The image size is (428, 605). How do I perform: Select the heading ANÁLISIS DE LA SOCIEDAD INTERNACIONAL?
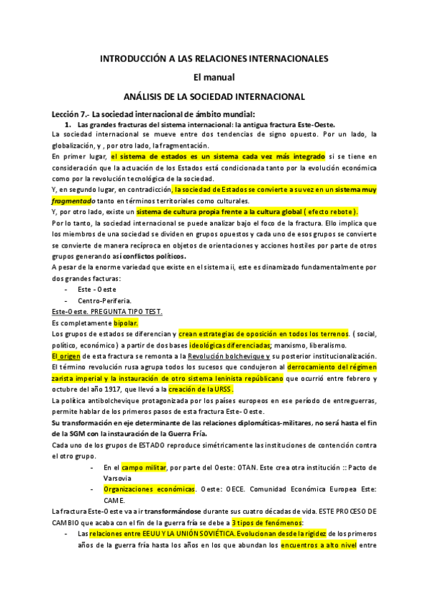coord(214,96)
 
